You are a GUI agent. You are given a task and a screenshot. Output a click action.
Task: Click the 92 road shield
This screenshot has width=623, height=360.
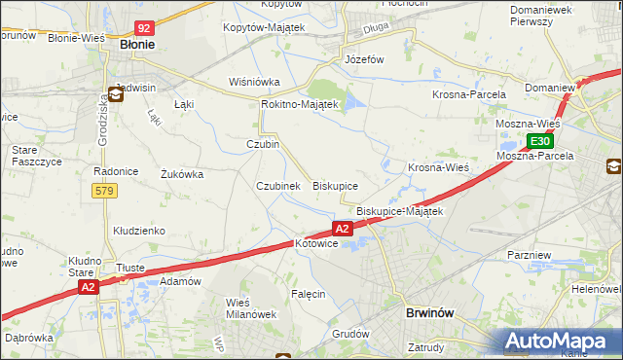144,29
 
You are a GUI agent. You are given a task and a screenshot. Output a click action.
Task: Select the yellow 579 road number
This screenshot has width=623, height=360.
104,191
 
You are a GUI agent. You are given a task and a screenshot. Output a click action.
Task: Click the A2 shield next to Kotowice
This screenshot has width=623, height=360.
342,229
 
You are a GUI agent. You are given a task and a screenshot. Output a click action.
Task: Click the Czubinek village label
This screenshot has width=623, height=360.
276,185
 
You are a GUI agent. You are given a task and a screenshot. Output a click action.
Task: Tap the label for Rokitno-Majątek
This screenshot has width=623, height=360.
299,104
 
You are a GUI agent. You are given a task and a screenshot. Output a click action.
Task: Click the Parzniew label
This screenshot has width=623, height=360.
531,254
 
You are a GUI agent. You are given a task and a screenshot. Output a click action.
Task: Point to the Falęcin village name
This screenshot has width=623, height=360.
308,293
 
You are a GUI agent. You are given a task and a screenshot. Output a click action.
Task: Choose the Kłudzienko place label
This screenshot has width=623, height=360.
138,231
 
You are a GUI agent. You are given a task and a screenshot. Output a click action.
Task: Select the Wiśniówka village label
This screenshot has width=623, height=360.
254,82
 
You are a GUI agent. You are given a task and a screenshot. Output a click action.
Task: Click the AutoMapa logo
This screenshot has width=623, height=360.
562,342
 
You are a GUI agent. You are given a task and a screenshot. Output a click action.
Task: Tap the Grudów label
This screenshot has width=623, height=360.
352,334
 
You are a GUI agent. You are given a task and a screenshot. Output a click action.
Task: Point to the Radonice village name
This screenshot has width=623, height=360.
114,171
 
